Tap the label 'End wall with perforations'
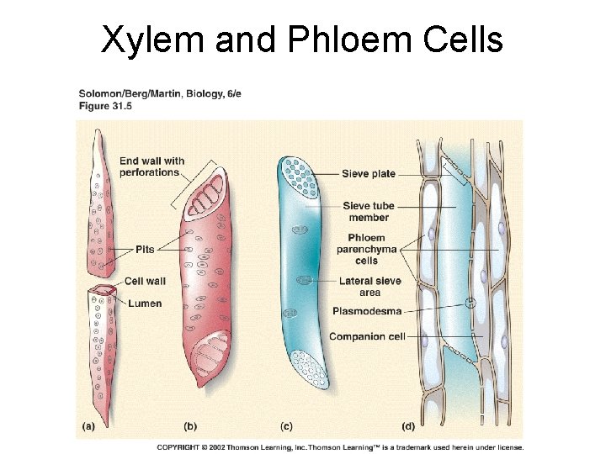tap(151, 166)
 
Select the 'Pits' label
tap(146, 250)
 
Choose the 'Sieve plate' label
tap(369, 174)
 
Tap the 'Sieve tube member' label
tap(369, 212)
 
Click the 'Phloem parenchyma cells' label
tap(366, 249)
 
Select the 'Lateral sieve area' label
tap(369, 287)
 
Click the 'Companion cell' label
tap(367, 336)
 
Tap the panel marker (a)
tap(88, 426)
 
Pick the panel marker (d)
tap(409, 426)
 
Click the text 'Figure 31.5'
tap(105, 106)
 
